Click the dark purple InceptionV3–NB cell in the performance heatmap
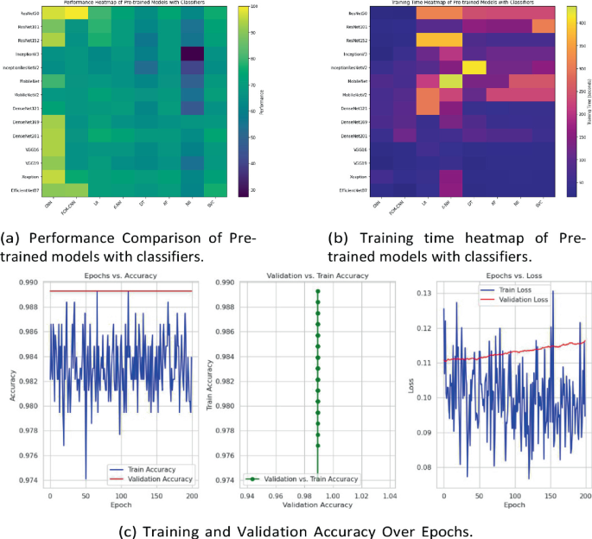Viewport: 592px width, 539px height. pyautogui.click(x=188, y=54)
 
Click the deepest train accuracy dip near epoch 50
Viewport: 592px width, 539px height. pyautogui.click(x=86, y=477)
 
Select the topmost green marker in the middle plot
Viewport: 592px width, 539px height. pyautogui.click(x=318, y=290)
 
